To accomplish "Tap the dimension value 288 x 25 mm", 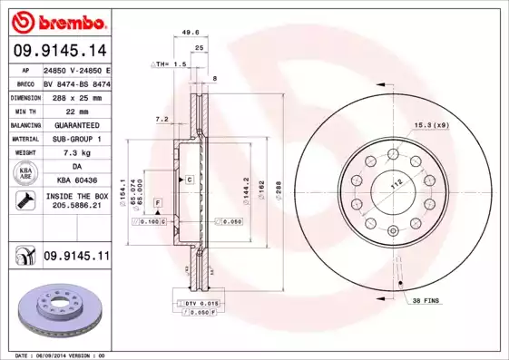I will click(76, 96).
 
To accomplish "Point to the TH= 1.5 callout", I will click(171, 65).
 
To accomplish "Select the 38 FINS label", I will click(426, 300).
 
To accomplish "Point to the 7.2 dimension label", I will click(162, 119).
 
